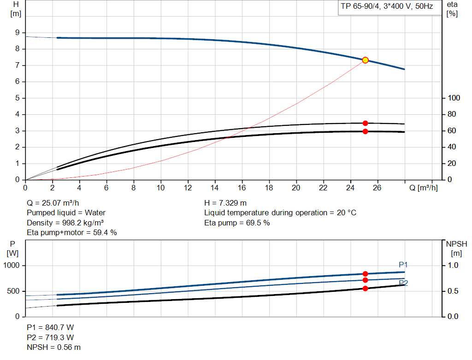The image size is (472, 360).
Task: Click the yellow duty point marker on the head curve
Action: (365, 60)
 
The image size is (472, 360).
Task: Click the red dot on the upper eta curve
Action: (365, 123)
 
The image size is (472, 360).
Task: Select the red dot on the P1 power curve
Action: (365, 274)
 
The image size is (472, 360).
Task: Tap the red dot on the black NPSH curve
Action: (365, 289)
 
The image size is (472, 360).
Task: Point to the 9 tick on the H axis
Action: (17, 33)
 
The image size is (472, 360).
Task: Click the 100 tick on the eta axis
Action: (454, 98)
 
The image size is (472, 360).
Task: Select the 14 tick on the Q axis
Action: (215, 188)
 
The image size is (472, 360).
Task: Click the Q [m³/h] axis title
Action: (423, 188)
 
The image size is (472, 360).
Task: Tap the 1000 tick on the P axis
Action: (12, 266)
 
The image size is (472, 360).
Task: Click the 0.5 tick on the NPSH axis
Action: (451, 291)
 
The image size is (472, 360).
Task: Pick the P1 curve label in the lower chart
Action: (403, 265)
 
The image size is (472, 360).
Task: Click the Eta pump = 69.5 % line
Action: (237, 223)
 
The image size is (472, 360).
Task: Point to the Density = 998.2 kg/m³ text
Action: (65, 223)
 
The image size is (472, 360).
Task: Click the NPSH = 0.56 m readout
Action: (53, 348)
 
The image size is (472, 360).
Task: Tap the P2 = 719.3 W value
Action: (50, 337)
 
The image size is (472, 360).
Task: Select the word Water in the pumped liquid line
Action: (95, 213)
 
